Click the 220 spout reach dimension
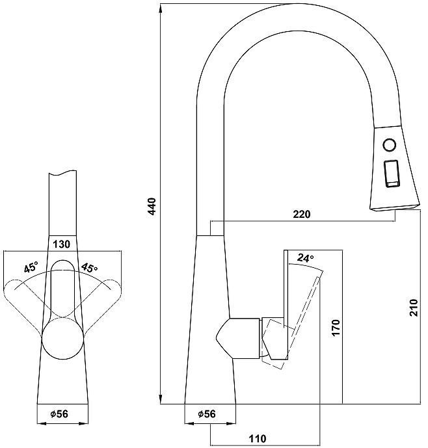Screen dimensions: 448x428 coord(302,215)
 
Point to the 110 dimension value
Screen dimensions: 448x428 coord(258,439)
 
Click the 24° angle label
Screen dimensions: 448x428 coord(305,258)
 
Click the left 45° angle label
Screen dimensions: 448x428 coord(31,267)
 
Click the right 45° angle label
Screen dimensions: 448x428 coord(89,267)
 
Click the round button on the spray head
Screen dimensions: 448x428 coord(389,144)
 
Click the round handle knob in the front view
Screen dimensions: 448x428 coord(63,339)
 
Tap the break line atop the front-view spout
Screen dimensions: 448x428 coord(65,174)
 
